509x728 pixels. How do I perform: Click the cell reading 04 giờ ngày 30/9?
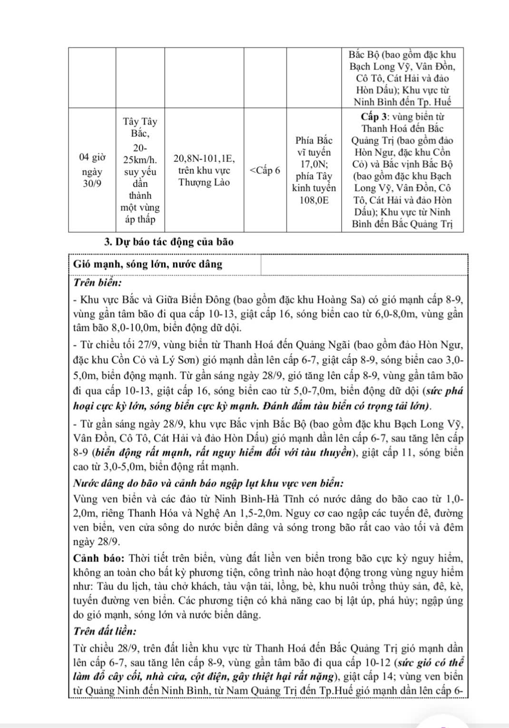[92, 170]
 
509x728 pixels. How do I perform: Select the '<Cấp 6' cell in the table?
[265, 170]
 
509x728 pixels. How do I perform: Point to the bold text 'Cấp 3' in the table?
[374, 117]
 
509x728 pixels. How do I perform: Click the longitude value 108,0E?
[313, 200]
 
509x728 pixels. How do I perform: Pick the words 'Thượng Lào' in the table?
[204, 182]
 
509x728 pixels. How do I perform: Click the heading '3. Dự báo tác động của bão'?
[168, 242]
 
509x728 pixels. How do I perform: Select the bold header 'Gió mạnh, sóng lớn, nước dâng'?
[148, 265]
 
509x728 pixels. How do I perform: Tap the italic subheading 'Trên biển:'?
[98, 283]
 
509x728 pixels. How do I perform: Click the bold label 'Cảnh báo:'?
[99, 558]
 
